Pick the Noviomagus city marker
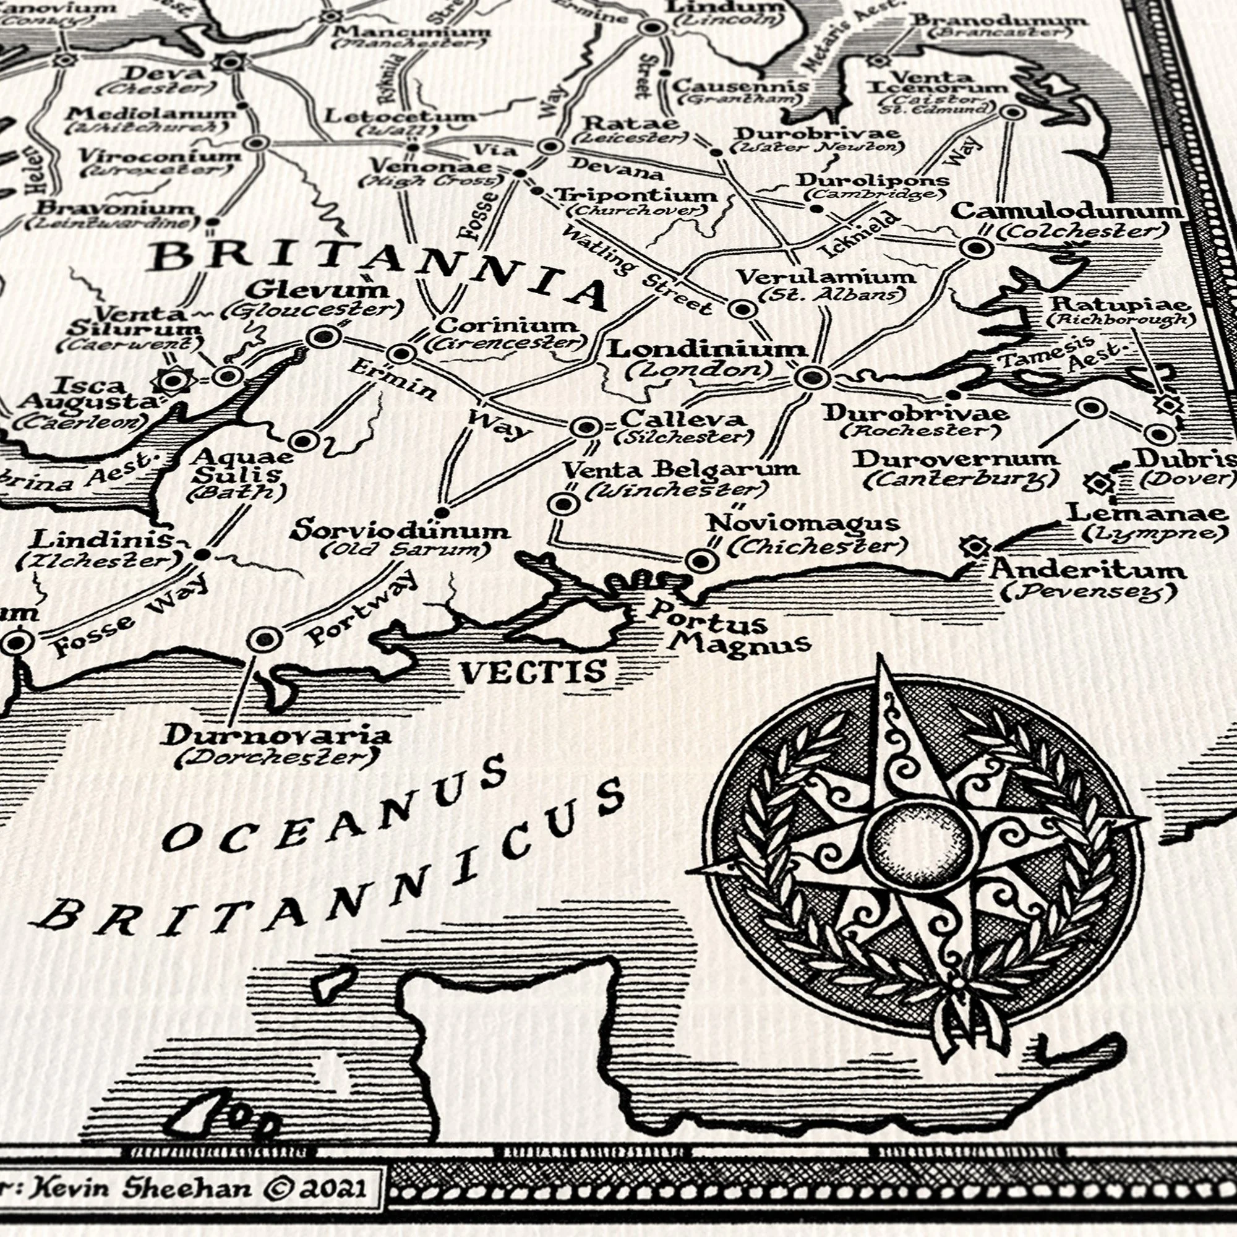701,561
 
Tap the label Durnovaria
275,736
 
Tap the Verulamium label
826,277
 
